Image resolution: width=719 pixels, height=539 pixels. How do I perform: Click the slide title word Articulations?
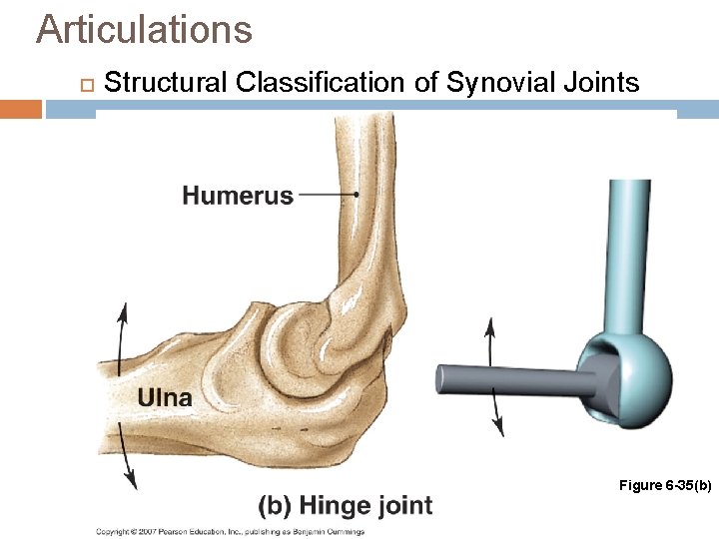(144, 29)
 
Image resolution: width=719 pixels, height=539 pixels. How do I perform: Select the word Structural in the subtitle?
(166, 82)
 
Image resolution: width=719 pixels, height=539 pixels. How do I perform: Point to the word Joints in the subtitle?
(602, 82)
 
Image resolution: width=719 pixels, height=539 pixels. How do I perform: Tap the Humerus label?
(238, 196)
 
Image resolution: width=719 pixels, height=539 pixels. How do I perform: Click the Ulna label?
(165, 397)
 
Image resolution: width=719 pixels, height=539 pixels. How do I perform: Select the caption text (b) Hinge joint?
(346, 505)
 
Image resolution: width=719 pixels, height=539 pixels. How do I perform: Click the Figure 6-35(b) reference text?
(665, 485)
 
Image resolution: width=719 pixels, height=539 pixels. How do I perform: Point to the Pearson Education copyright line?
(230, 531)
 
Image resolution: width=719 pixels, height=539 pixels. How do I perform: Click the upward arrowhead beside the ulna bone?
(123, 310)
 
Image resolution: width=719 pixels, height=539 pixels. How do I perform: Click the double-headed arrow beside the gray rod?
(493, 376)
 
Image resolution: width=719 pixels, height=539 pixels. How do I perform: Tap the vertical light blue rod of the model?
(630, 260)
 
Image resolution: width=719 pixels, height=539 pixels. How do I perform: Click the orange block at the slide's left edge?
(20, 108)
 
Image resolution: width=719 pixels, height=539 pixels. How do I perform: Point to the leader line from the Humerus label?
(328, 196)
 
